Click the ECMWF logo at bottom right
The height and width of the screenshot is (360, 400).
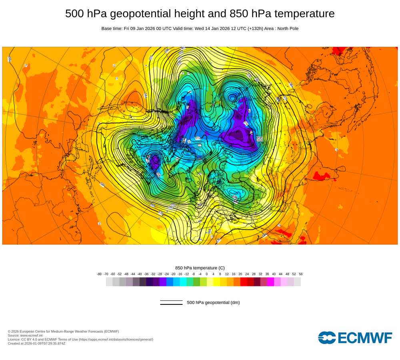[355, 338]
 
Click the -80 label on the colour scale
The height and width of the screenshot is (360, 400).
[99, 274]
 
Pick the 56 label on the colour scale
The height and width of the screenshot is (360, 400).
[300, 274]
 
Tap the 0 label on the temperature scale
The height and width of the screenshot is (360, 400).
[207, 274]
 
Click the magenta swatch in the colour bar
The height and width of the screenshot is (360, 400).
[270, 282]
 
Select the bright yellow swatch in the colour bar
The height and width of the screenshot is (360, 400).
[217, 282]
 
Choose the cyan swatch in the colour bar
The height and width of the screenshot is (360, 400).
[183, 282]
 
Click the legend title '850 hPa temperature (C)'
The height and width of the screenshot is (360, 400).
[200, 268]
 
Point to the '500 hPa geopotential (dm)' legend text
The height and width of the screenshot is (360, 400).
[213, 302]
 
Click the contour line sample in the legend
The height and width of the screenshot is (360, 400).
[171, 302]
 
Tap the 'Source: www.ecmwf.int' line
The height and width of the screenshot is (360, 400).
[26, 335]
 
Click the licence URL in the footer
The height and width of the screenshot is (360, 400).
[116, 339]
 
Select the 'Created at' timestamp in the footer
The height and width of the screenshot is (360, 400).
[36, 343]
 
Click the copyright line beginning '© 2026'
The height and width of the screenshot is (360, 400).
[63, 331]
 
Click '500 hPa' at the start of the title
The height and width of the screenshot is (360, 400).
[86, 14]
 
